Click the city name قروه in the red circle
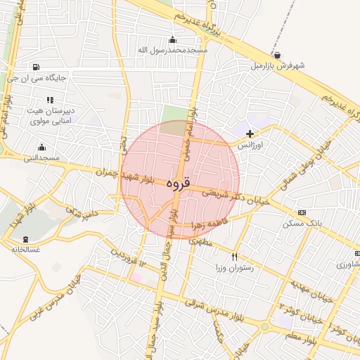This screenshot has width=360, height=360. (x=179, y=184)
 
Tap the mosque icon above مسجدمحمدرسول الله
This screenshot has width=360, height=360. (x=172, y=39)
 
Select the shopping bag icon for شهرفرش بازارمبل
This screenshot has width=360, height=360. (x=278, y=55)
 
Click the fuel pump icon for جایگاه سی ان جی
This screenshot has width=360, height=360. (x=36, y=67)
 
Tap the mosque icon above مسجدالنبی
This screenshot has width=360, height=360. (x=41, y=148)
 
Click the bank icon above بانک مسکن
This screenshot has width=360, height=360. (x=302, y=212)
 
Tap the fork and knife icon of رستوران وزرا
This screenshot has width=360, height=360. (x=234, y=257)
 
